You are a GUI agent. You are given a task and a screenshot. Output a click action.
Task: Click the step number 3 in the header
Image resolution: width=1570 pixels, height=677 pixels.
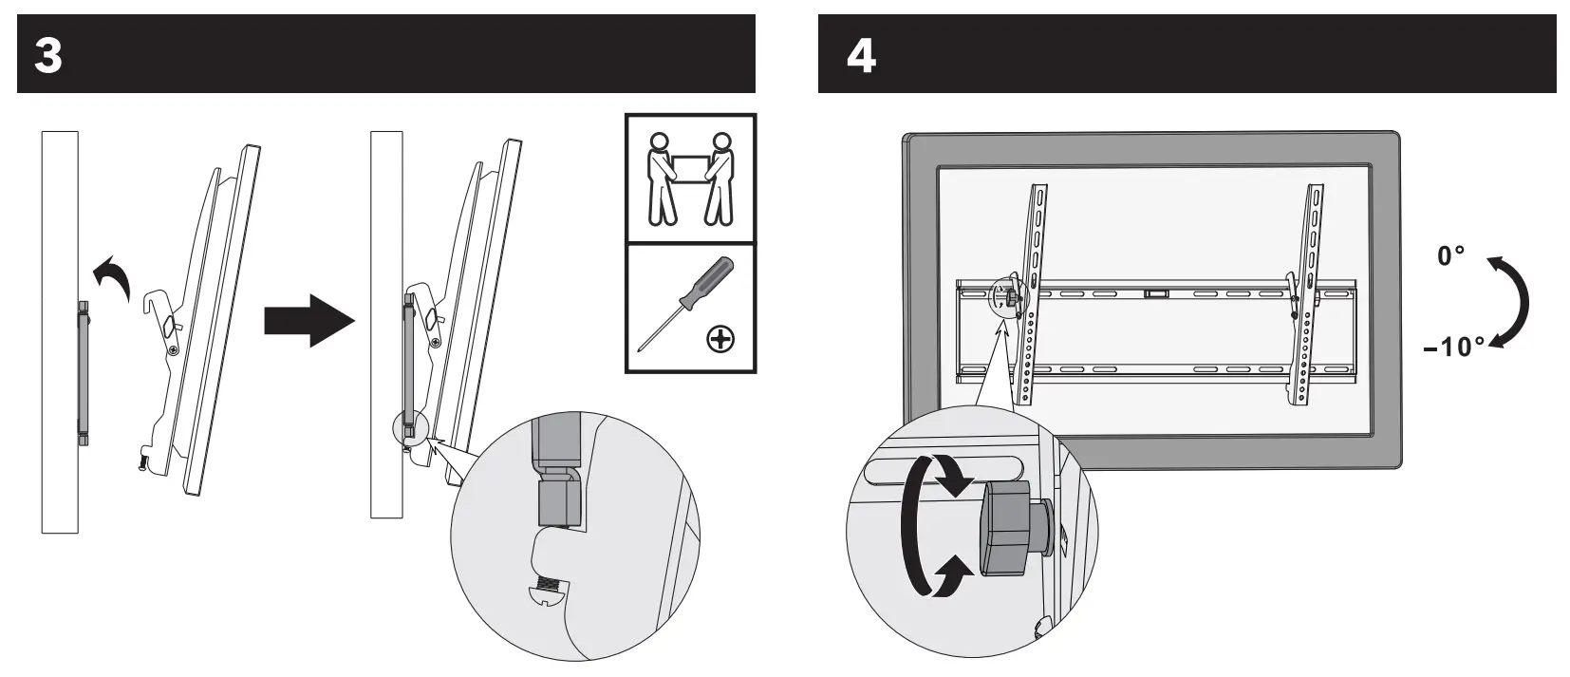pos(47,55)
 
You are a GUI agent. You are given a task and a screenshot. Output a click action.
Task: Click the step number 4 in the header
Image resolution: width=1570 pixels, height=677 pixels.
pos(860,55)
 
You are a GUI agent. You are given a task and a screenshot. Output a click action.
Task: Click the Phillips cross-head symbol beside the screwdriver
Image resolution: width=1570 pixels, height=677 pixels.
pos(721,338)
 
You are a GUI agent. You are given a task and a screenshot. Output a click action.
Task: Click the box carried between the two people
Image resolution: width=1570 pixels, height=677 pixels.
pos(690,168)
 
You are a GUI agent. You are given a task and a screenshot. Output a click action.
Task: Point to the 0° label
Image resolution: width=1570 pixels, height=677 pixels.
pos(1450,256)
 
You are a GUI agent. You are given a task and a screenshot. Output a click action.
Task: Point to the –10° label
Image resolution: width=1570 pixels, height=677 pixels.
pos(1453,348)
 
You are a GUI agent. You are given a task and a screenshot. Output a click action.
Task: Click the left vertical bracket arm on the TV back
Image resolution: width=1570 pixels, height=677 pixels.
pos(1033,294)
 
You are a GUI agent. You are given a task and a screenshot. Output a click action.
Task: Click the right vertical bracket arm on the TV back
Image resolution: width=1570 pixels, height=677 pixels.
pos(1307,294)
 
